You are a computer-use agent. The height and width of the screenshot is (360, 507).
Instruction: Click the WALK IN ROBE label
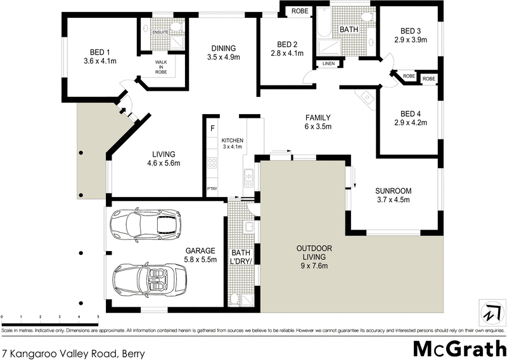[x=161, y=66]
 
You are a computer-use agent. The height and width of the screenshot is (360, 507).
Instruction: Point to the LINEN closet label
[x=328, y=63]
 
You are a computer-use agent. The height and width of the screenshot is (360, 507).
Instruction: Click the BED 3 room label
[x=410, y=35]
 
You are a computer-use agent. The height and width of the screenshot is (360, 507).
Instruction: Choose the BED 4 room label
[x=411, y=119]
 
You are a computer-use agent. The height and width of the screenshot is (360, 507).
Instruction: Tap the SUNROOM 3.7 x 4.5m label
[x=393, y=195]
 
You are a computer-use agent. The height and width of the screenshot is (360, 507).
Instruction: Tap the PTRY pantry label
[x=212, y=189]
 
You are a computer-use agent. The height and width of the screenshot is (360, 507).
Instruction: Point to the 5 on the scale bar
[x=98, y=316]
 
